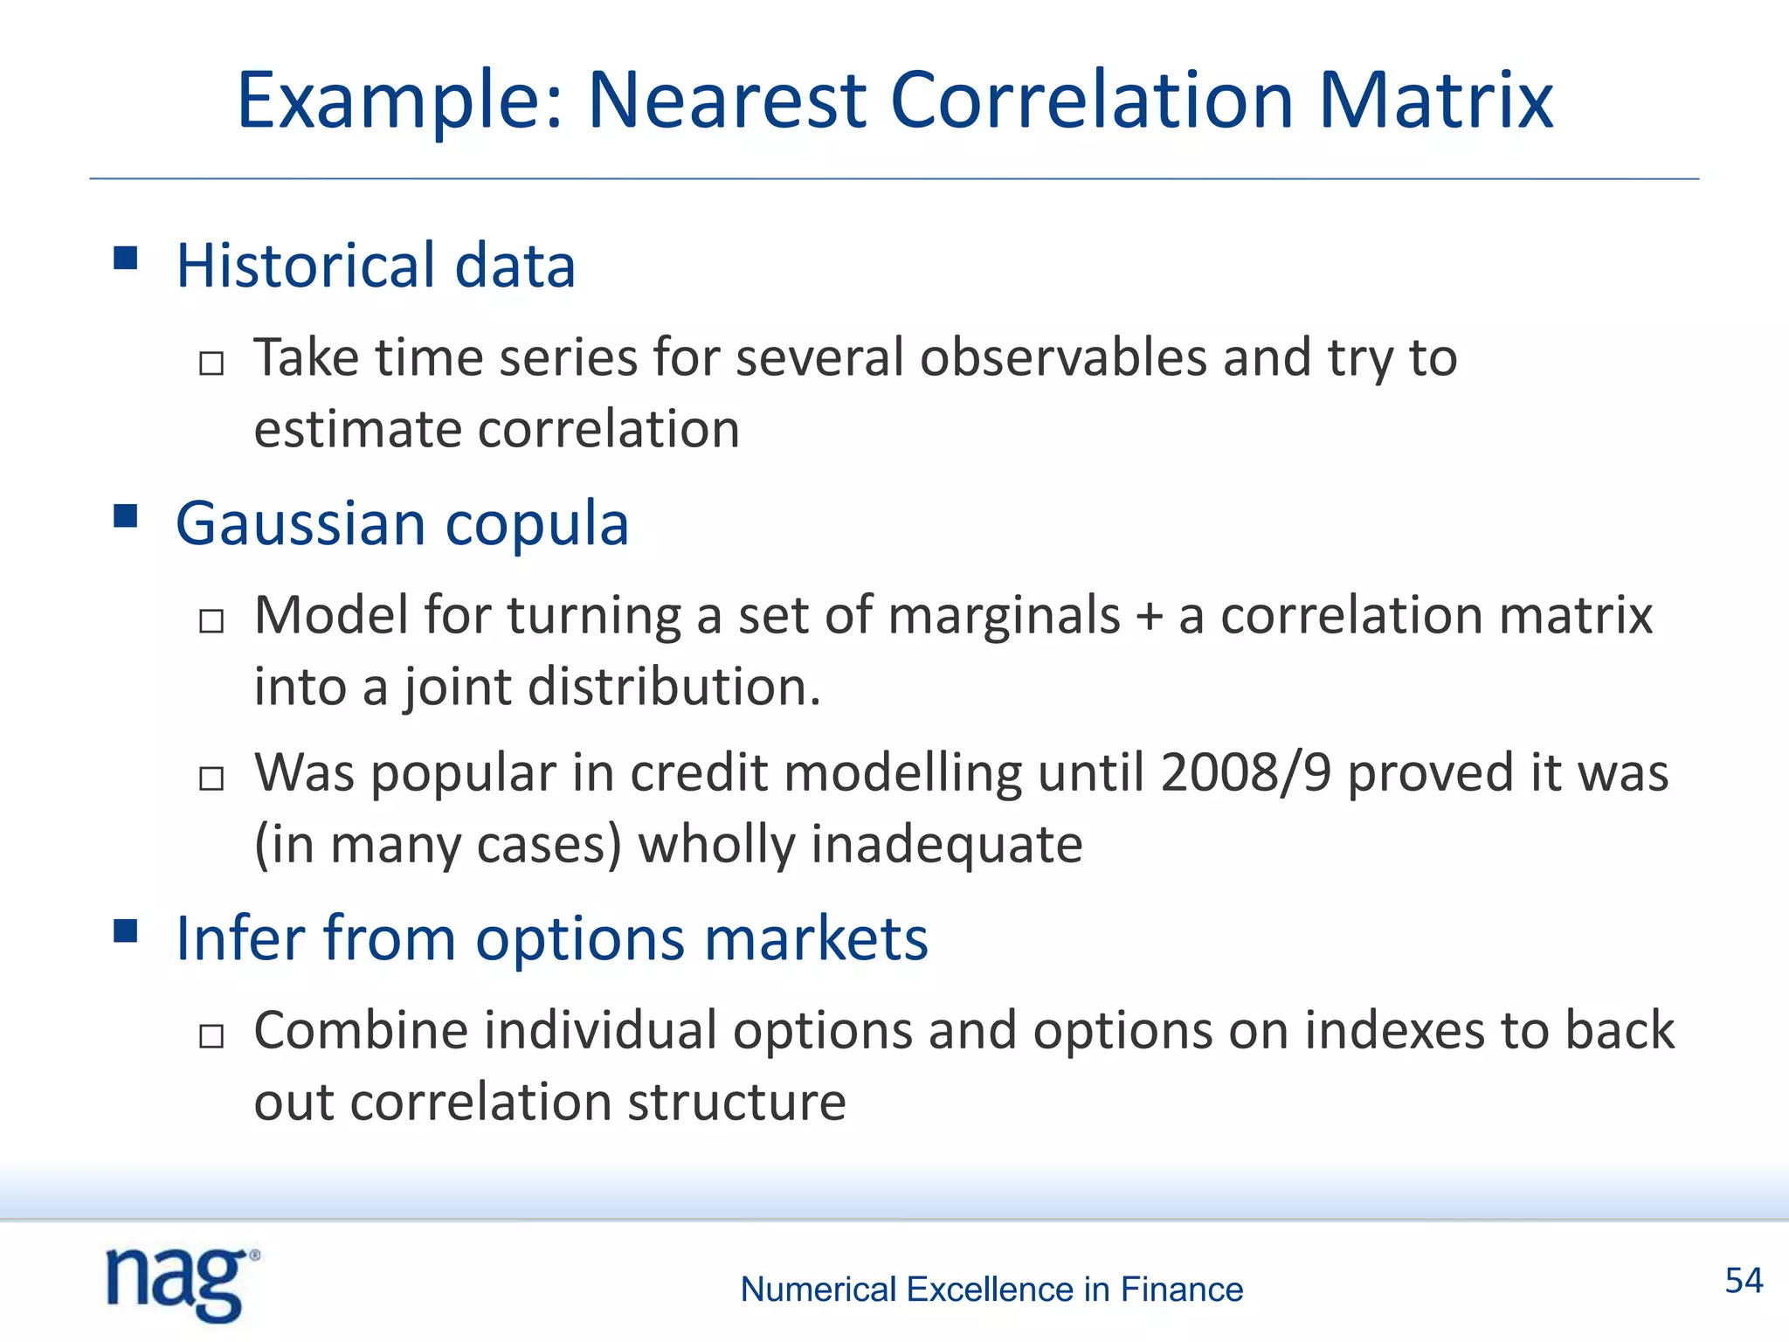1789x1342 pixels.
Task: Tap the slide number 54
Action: point(1744,1281)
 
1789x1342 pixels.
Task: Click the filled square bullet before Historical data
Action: point(126,258)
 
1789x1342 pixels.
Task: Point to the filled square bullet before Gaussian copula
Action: point(126,516)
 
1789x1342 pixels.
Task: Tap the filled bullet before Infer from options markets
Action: point(126,931)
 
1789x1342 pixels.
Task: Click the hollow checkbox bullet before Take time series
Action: point(211,363)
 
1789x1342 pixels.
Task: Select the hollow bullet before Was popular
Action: point(211,778)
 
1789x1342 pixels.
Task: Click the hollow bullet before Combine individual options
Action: point(211,1036)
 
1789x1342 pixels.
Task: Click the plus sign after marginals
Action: point(1150,617)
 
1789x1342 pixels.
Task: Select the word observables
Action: point(1062,358)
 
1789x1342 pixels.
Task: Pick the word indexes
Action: point(1394,1031)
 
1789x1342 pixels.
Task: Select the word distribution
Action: point(673,687)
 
